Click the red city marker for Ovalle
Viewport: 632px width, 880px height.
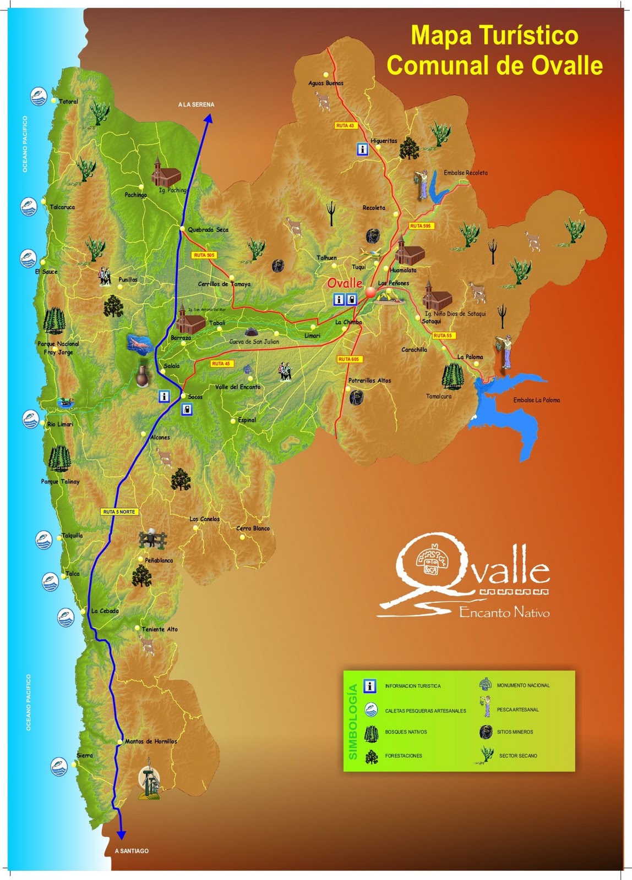(370, 292)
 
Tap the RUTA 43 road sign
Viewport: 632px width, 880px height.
(345, 126)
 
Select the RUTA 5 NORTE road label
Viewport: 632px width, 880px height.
(119, 512)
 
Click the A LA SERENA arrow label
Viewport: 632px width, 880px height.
(196, 105)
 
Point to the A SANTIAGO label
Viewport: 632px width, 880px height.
(132, 851)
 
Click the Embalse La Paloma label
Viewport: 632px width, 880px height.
(536, 400)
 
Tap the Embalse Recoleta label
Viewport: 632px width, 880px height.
(465, 173)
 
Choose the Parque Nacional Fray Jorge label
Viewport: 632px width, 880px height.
(58, 348)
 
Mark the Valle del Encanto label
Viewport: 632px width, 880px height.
(238, 387)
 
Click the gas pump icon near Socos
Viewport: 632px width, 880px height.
(188, 409)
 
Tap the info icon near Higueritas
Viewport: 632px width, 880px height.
(362, 149)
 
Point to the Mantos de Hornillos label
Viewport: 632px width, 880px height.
(151, 741)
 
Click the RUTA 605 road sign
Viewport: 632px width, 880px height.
(348, 359)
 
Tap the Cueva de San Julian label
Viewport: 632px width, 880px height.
(254, 342)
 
